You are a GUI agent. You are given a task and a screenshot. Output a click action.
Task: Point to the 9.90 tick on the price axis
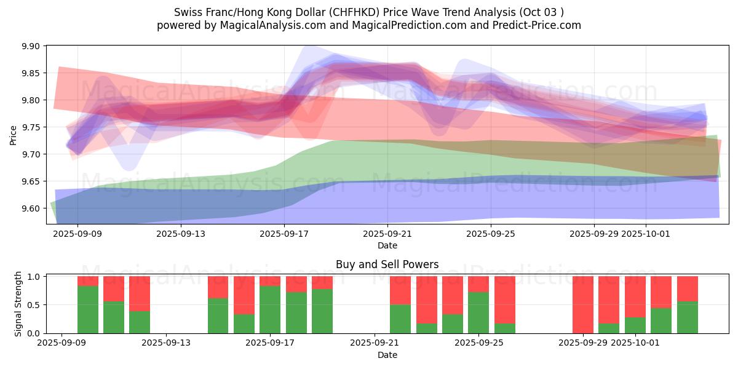pos(31,46)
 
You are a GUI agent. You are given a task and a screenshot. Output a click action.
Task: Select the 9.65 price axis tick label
pos(31,181)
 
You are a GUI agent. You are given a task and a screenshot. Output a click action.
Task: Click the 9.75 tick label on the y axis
pos(31,127)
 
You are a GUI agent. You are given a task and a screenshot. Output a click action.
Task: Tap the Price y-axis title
pos(14,135)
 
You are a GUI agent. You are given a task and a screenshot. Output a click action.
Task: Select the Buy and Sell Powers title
pos(387,264)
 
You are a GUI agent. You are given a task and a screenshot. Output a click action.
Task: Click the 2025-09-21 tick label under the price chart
pos(387,234)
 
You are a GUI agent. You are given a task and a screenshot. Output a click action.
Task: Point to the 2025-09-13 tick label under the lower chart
pos(166,343)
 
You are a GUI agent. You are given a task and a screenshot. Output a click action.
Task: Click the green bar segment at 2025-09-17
pos(270,309)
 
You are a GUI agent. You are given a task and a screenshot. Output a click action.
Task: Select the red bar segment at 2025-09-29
pos(582,304)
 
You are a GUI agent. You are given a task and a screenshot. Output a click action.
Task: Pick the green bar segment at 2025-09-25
pos(478,312)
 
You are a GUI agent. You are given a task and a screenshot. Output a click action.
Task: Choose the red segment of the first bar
pos(88,281)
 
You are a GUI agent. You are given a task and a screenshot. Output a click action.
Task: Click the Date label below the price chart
pos(387,245)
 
